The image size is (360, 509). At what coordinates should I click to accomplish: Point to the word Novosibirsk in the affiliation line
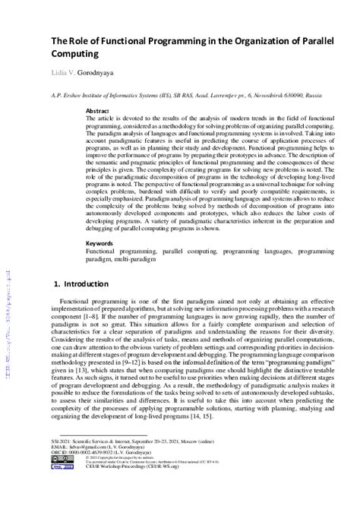256,96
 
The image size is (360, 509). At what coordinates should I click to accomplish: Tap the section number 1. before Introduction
58,283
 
